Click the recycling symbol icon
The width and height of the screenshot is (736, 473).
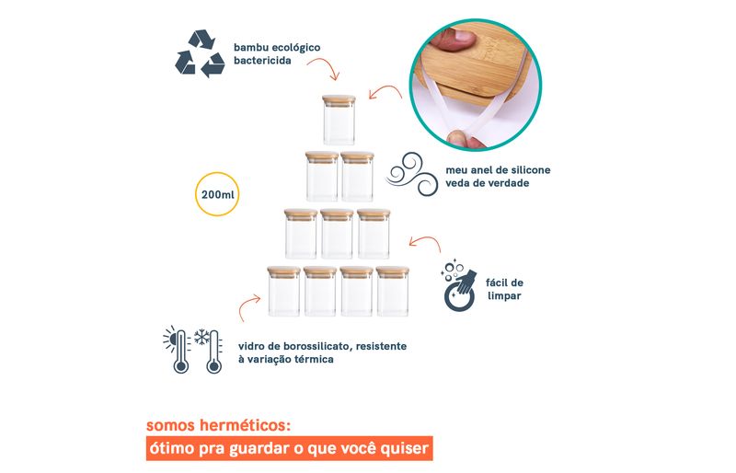[200, 53]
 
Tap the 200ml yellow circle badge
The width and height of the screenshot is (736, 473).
[217, 194]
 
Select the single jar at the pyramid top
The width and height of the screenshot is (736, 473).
[339, 120]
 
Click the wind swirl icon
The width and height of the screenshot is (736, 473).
[411, 174]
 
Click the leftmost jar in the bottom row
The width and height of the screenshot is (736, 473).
[284, 291]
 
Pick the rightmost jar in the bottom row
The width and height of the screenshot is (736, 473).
[393, 291]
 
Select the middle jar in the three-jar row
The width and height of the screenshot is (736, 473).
[337, 234]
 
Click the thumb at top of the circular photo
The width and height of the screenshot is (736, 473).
[451, 39]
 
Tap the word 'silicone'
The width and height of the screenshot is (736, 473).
[530, 170]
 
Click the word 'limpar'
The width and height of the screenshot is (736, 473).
[504, 296]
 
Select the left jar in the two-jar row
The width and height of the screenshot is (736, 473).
[322, 176]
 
